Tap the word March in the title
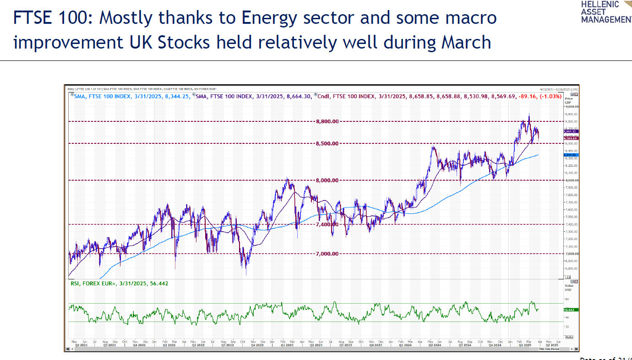point(466,42)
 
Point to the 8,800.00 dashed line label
point(327,121)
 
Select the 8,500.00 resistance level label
point(327,143)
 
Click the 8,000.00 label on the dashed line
point(327,180)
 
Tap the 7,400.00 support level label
point(327,224)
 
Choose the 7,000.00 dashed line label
point(327,254)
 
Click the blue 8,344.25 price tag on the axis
point(572,155)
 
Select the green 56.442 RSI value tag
point(572,310)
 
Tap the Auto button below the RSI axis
point(569,337)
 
